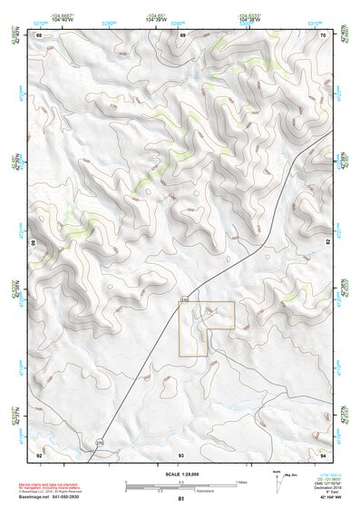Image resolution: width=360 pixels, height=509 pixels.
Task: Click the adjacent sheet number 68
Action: (39, 34)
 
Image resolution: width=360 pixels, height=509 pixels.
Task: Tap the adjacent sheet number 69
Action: (182, 34)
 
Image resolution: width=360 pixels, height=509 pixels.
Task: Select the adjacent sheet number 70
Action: (324, 34)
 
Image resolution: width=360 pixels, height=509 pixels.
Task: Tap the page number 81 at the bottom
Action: (181, 499)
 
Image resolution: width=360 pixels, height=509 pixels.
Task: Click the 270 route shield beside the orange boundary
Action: (186, 299)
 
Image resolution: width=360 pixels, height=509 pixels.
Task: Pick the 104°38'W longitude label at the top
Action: (250, 19)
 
